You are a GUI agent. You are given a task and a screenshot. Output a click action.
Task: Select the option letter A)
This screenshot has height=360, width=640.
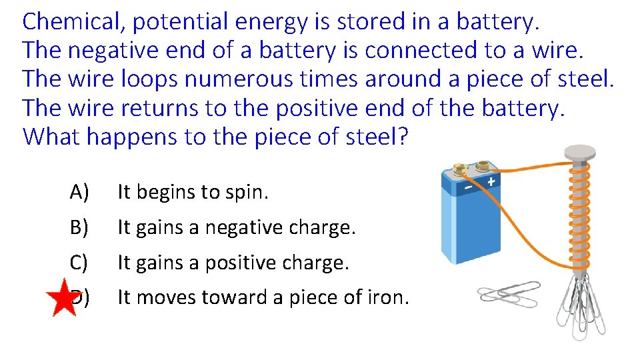(x=79, y=193)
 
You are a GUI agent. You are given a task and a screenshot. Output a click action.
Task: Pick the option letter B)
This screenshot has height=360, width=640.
(x=79, y=228)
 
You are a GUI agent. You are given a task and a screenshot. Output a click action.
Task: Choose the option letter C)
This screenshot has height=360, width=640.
(x=79, y=263)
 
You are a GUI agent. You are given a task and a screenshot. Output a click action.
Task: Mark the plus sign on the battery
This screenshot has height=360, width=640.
(x=491, y=181)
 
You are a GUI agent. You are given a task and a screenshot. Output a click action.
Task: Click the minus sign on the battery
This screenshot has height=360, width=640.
(x=469, y=189)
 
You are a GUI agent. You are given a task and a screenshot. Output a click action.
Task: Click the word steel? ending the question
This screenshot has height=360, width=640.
(x=377, y=137)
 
